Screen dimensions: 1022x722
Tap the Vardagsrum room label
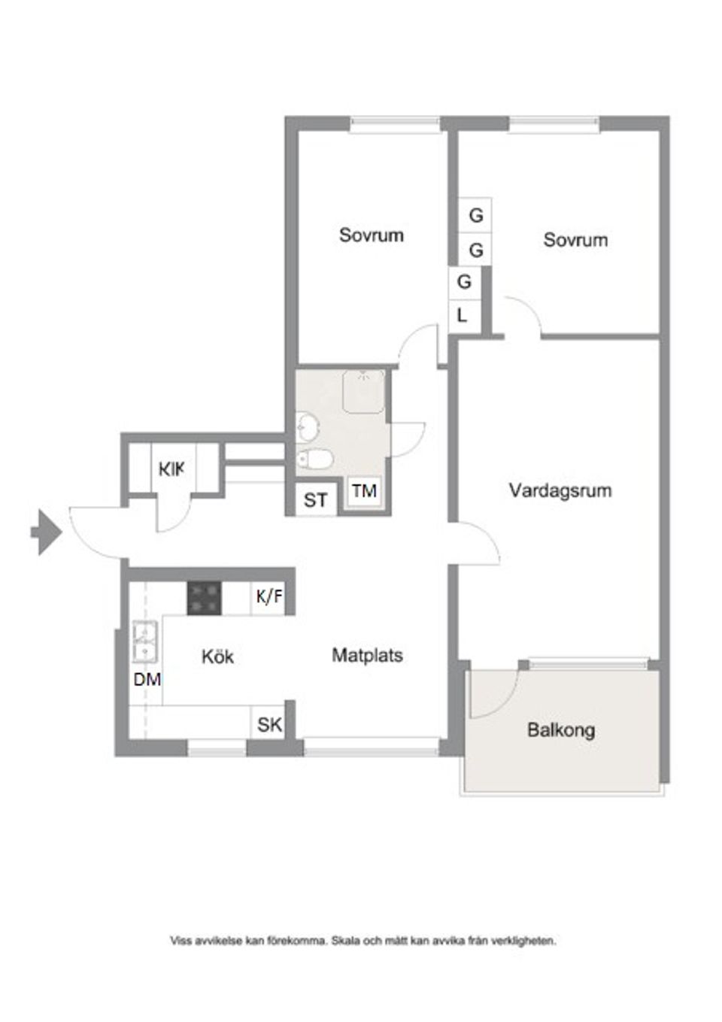coord(560,491)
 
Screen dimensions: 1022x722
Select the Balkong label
coord(560,729)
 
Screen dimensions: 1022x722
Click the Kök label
coord(217,657)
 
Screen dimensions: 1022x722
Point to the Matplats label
coord(367,655)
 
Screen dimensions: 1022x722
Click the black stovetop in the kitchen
coord(204,599)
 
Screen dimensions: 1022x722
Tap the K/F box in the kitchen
coord(268,598)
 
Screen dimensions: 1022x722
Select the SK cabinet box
coord(269,724)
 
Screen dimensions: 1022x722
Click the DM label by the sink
coord(147,679)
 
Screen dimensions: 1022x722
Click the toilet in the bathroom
coord(314,457)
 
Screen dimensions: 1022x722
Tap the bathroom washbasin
coord(306,427)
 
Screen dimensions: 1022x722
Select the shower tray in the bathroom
coord(363,390)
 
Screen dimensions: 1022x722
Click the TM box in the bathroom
coord(364,491)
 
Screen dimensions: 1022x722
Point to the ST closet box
coord(315,500)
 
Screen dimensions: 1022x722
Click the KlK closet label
coord(171,469)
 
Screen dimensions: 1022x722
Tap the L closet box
coord(463,315)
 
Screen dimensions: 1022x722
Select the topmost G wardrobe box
coord(475,215)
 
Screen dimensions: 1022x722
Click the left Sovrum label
coord(371,235)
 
